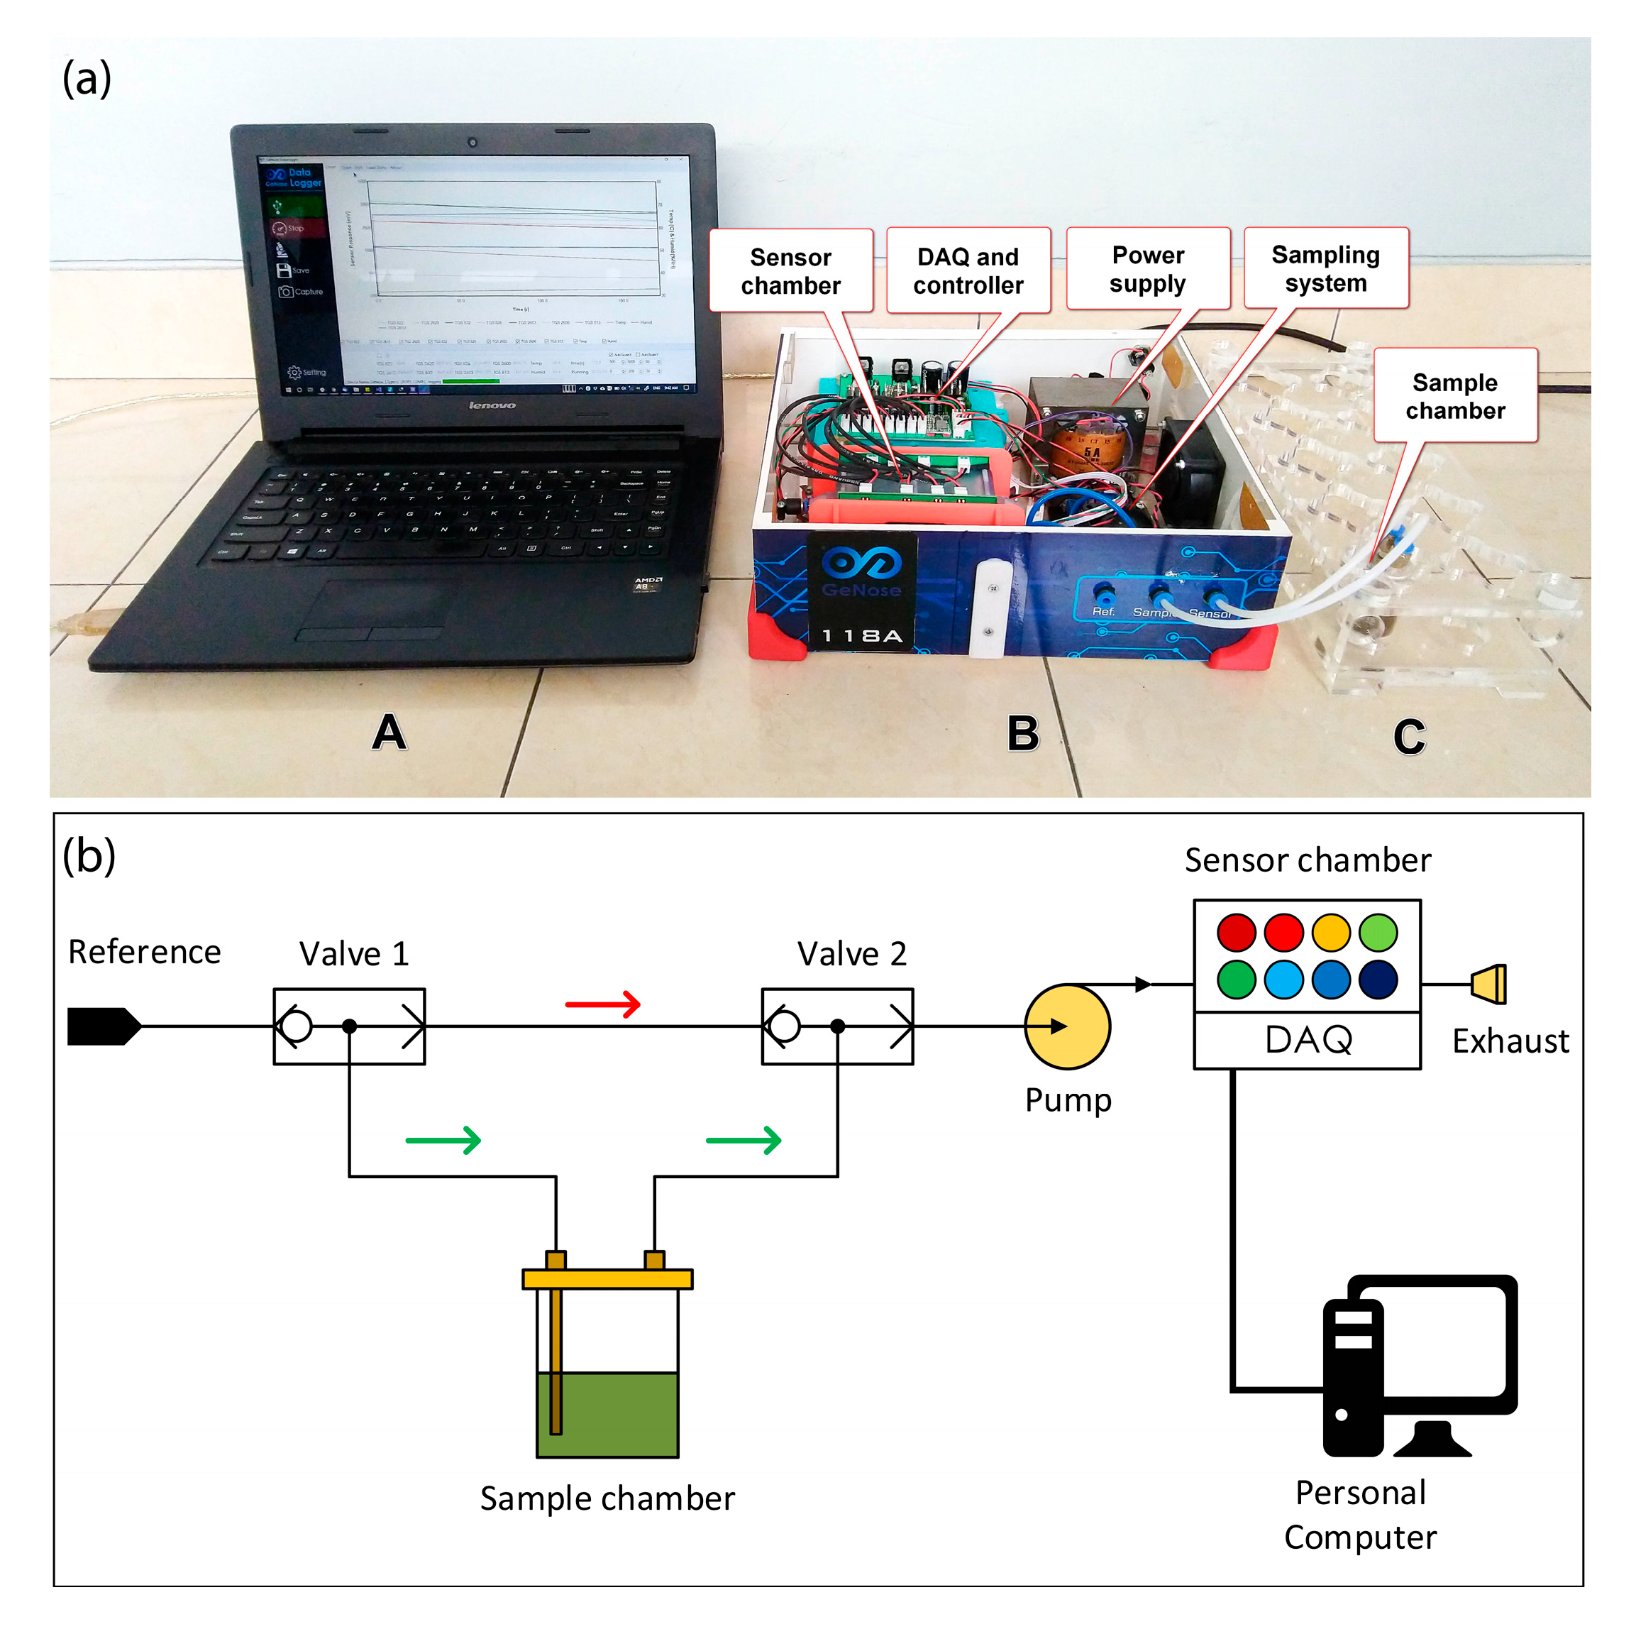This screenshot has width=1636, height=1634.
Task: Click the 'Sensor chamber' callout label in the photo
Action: (790, 271)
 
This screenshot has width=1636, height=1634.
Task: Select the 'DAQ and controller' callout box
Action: (968, 270)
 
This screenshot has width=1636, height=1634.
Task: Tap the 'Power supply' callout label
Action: (1147, 268)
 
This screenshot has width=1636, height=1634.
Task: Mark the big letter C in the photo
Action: (1408, 736)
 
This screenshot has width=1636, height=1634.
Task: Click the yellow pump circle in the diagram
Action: (1067, 1026)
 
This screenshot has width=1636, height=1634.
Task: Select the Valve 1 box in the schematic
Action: (349, 1026)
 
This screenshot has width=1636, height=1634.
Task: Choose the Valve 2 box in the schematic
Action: (836, 1026)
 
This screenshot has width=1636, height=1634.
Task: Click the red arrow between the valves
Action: (602, 1004)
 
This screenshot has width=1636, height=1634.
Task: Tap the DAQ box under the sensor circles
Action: (1307, 1039)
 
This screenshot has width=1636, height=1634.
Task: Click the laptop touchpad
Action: (377, 608)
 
